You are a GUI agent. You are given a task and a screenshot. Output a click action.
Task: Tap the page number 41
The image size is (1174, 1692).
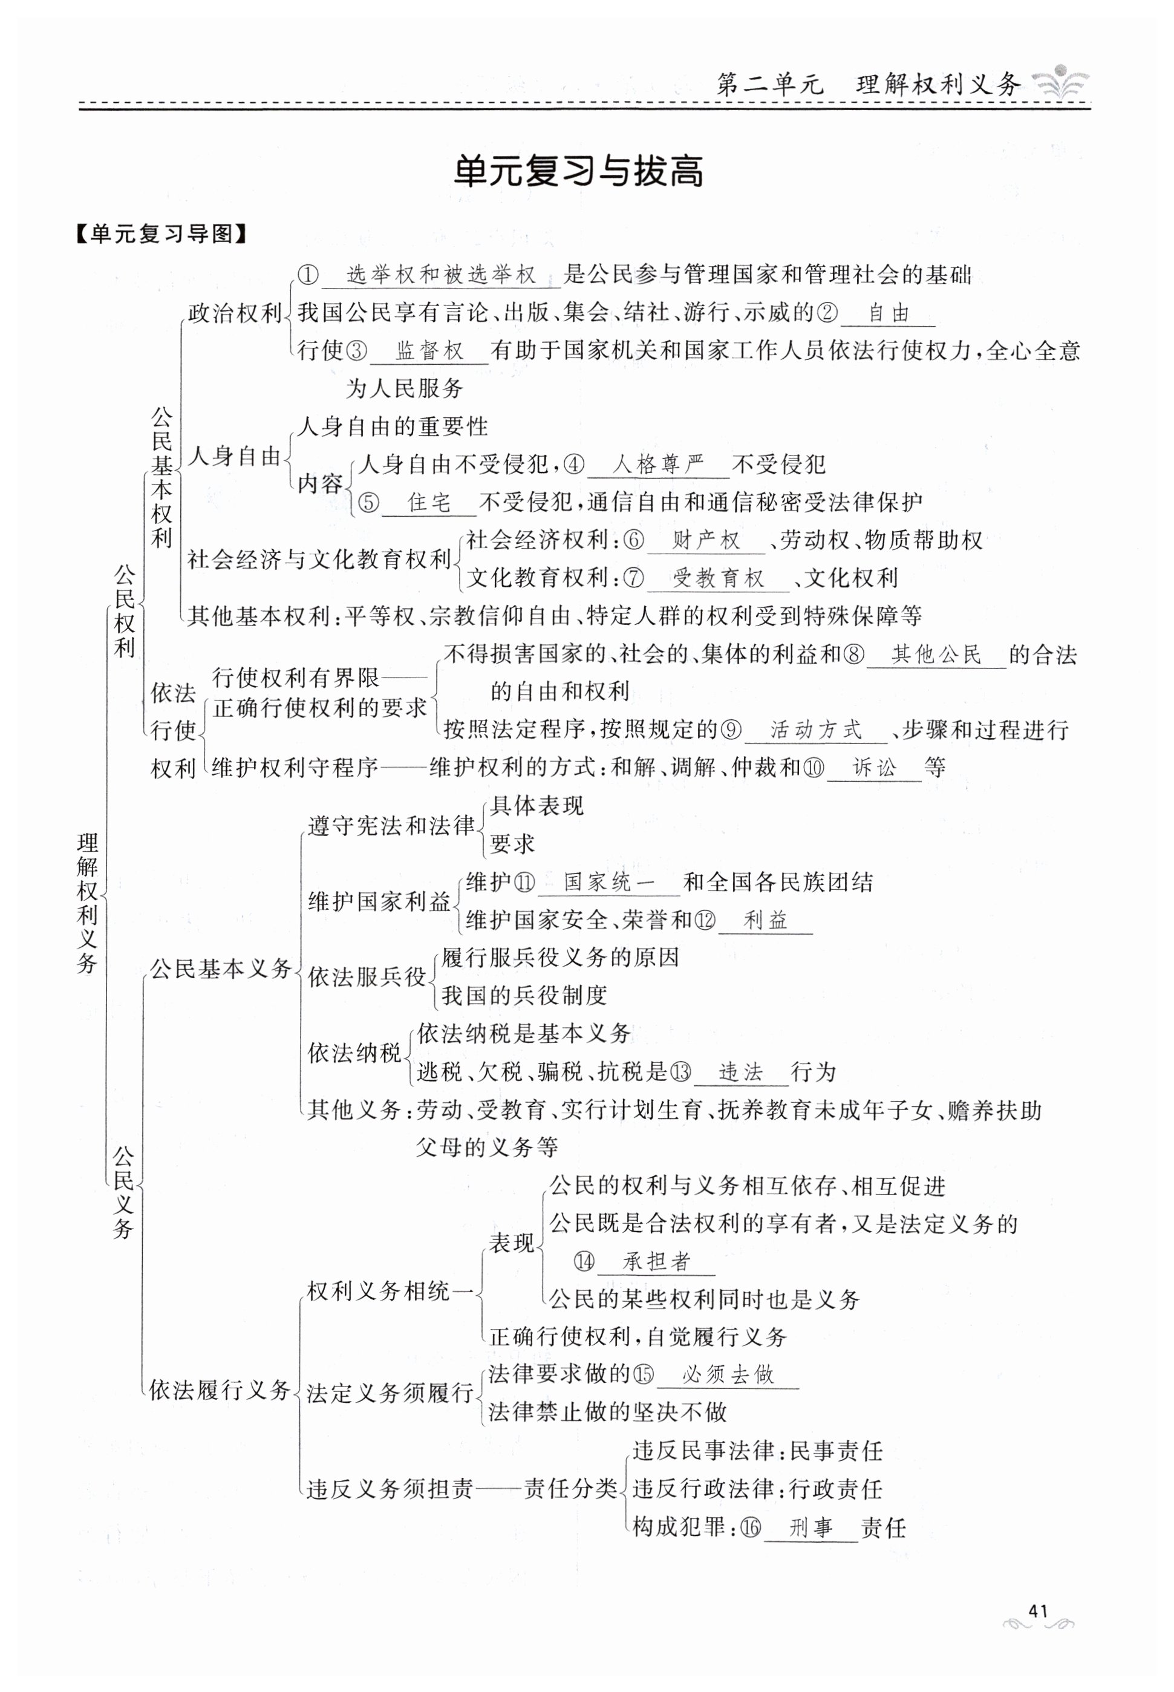1037,1610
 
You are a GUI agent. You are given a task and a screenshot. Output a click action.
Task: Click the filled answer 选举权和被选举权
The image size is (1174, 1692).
442,275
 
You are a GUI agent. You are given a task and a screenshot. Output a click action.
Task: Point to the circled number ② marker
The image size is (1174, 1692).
827,313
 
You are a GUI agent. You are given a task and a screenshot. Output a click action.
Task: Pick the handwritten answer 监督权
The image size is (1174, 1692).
429,351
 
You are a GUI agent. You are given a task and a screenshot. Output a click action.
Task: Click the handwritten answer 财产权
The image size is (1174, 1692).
706,541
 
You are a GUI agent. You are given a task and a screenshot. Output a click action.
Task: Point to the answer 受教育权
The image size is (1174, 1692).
718,578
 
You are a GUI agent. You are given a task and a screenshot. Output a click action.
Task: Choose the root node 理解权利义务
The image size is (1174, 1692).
88,903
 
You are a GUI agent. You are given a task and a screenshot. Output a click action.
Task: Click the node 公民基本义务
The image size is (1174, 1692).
221,969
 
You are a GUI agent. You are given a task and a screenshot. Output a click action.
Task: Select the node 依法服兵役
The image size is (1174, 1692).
367,977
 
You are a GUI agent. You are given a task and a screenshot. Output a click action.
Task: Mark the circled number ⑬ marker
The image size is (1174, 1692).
681,1072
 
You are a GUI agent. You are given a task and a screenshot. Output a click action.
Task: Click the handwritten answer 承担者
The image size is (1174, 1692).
656,1262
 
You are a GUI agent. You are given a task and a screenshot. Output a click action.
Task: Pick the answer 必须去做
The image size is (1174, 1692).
728,1374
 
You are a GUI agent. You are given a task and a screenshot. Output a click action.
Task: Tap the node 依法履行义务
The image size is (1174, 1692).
219,1390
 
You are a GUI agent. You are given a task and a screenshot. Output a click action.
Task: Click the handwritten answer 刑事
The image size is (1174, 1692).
810,1528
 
